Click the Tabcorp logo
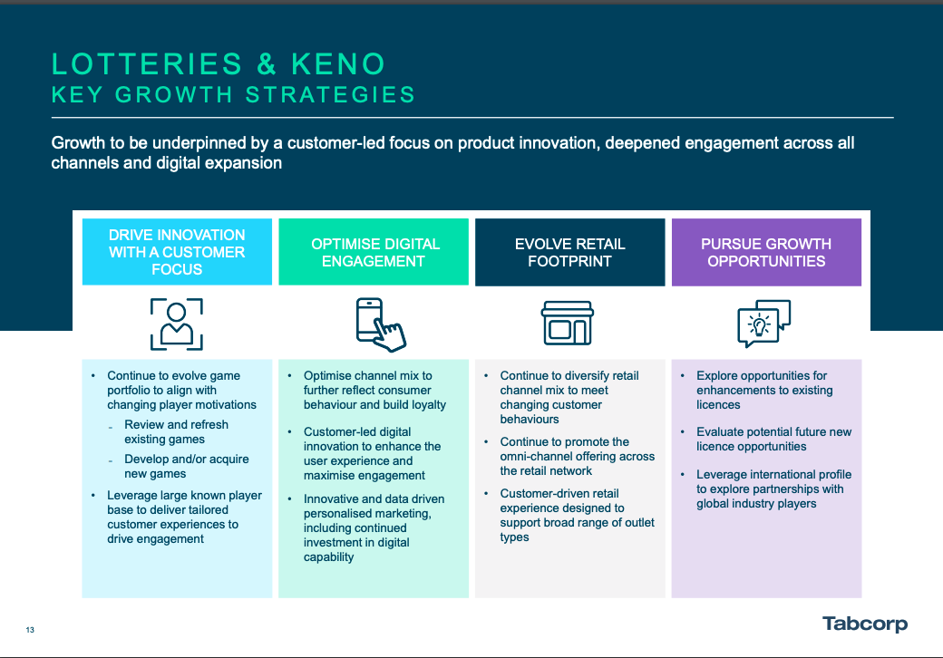(x=864, y=624)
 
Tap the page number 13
(x=30, y=630)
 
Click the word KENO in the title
(x=338, y=64)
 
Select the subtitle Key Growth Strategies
(x=233, y=94)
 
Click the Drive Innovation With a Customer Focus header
(x=177, y=252)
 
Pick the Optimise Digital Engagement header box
(x=374, y=252)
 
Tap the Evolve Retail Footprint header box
(x=569, y=252)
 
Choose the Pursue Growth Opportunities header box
(x=766, y=252)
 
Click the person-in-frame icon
(x=177, y=324)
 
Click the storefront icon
(x=568, y=324)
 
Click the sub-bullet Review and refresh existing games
(x=176, y=431)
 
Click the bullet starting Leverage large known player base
(x=184, y=517)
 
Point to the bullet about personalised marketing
(x=374, y=527)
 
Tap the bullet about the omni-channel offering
(x=577, y=456)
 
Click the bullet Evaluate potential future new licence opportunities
(x=773, y=439)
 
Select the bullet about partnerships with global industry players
(x=770, y=489)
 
